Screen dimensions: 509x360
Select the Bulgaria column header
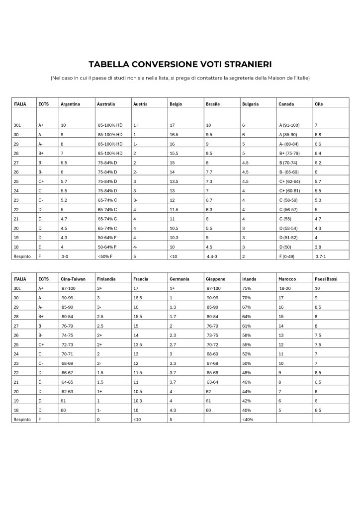point(251,104)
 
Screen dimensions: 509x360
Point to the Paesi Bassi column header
point(326,279)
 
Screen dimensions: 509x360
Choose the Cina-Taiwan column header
point(73,279)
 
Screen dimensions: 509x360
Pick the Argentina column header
point(70,104)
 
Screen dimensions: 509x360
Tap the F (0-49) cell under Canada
point(288,256)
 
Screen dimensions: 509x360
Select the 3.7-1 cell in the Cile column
point(322,256)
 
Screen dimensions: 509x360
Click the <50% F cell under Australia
point(107,256)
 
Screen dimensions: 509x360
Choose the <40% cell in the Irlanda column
point(247,420)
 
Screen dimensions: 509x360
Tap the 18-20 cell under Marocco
point(285,288)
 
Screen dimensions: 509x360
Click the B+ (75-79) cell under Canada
point(290,154)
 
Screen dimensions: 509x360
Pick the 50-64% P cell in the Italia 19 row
point(108,238)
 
